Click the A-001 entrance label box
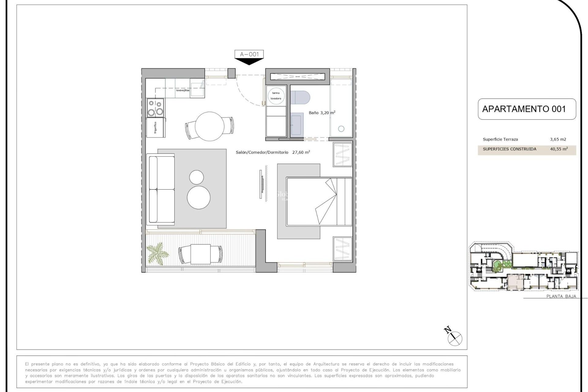249,54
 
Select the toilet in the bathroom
300,97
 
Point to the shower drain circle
341,129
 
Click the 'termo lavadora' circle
276,96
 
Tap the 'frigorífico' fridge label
156,127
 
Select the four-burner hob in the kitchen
155,108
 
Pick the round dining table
209,126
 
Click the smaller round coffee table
196,177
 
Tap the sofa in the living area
161,189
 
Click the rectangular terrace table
200,254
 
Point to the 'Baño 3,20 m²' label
322,113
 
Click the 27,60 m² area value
301,152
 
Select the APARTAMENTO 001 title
524,109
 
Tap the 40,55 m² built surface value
559,149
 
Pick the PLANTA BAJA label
561,296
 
